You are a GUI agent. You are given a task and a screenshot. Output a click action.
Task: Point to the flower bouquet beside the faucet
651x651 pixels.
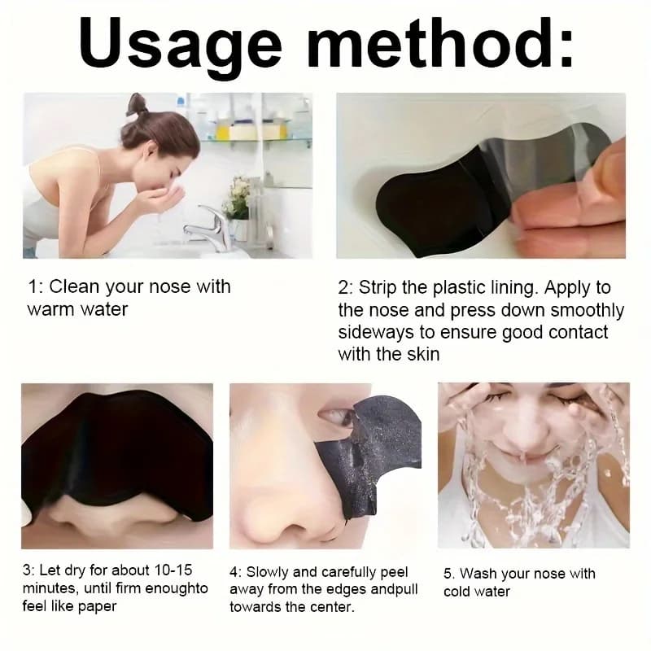click(237, 195)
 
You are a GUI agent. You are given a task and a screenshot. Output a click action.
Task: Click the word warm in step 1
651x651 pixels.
click(51, 310)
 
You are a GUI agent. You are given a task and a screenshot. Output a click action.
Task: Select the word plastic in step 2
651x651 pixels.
click(459, 288)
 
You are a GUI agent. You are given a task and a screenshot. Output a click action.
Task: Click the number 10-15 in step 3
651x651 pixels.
click(173, 570)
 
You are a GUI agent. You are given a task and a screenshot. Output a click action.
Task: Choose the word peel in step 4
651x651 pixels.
click(394, 572)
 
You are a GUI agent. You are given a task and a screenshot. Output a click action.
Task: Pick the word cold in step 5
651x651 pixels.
click(457, 592)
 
